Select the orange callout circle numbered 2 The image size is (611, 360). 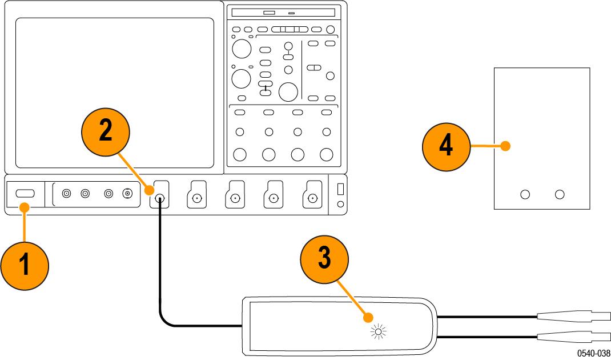105,130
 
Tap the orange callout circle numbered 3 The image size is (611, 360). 324,258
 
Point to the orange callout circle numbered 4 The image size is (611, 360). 446,146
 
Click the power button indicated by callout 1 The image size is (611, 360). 25,194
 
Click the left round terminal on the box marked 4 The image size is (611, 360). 524,194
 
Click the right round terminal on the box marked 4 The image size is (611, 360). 560,194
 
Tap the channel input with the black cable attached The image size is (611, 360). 160,198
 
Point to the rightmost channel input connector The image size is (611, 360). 312,198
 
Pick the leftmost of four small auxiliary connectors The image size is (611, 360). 66,194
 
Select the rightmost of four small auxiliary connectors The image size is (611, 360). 127,194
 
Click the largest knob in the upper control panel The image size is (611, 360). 289,91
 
